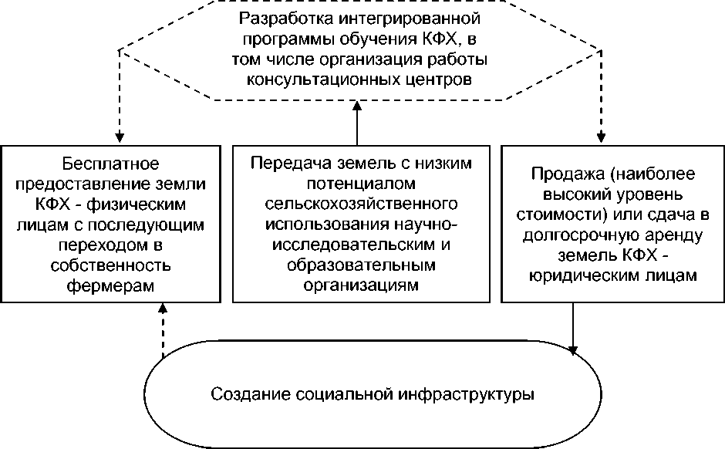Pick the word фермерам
click(x=109, y=285)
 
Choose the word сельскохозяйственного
click(x=362, y=204)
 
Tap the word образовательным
click(x=362, y=265)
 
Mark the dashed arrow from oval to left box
click(x=162, y=329)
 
